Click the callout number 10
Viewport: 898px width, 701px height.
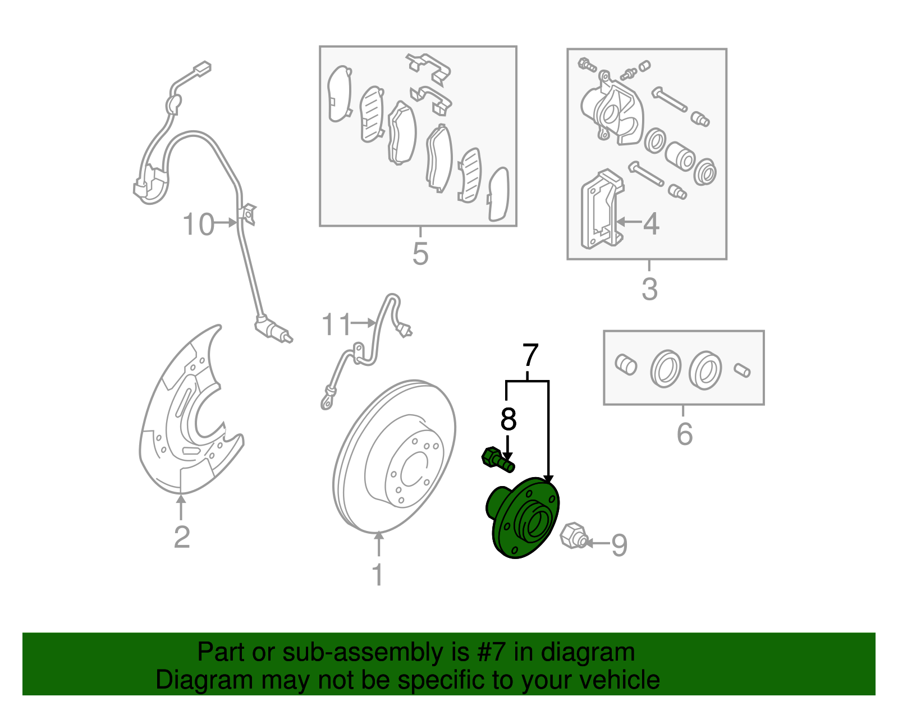198,224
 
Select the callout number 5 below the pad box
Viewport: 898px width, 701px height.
420,254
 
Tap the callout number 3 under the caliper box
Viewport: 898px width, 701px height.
649,289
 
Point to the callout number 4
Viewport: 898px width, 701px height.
651,224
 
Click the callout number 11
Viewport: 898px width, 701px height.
336,324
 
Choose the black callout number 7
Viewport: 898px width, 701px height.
530,355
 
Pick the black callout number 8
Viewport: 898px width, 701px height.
508,419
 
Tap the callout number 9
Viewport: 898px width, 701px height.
619,546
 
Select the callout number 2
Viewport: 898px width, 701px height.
182,537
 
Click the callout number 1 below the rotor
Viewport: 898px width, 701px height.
378,574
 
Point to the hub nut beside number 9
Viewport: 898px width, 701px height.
574,536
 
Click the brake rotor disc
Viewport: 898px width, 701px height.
394,456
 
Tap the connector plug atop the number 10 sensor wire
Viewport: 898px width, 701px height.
202,68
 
